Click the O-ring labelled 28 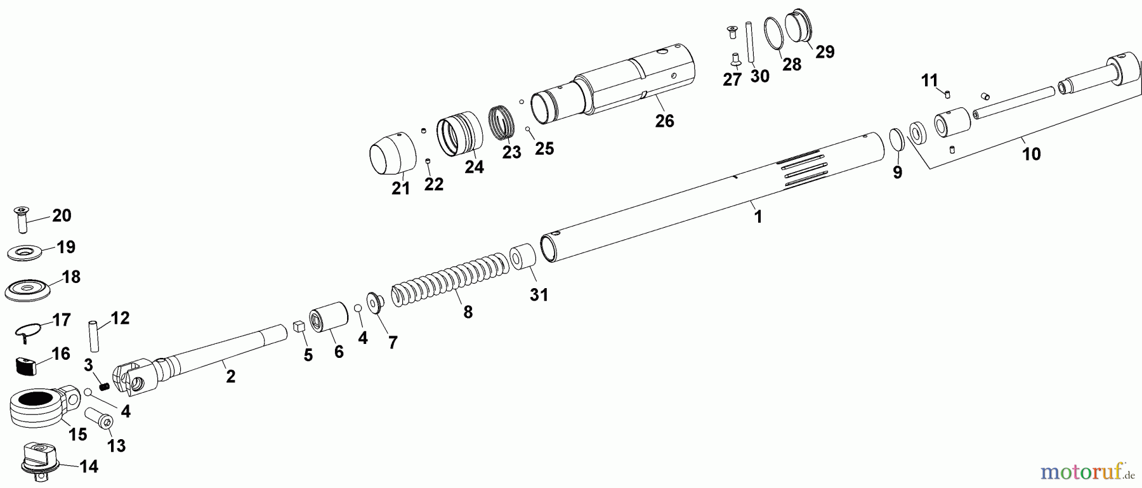(773, 33)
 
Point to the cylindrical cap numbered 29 (799, 27)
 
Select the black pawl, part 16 (26, 366)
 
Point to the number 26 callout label (664, 121)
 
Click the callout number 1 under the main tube (758, 216)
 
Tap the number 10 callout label (1031, 154)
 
